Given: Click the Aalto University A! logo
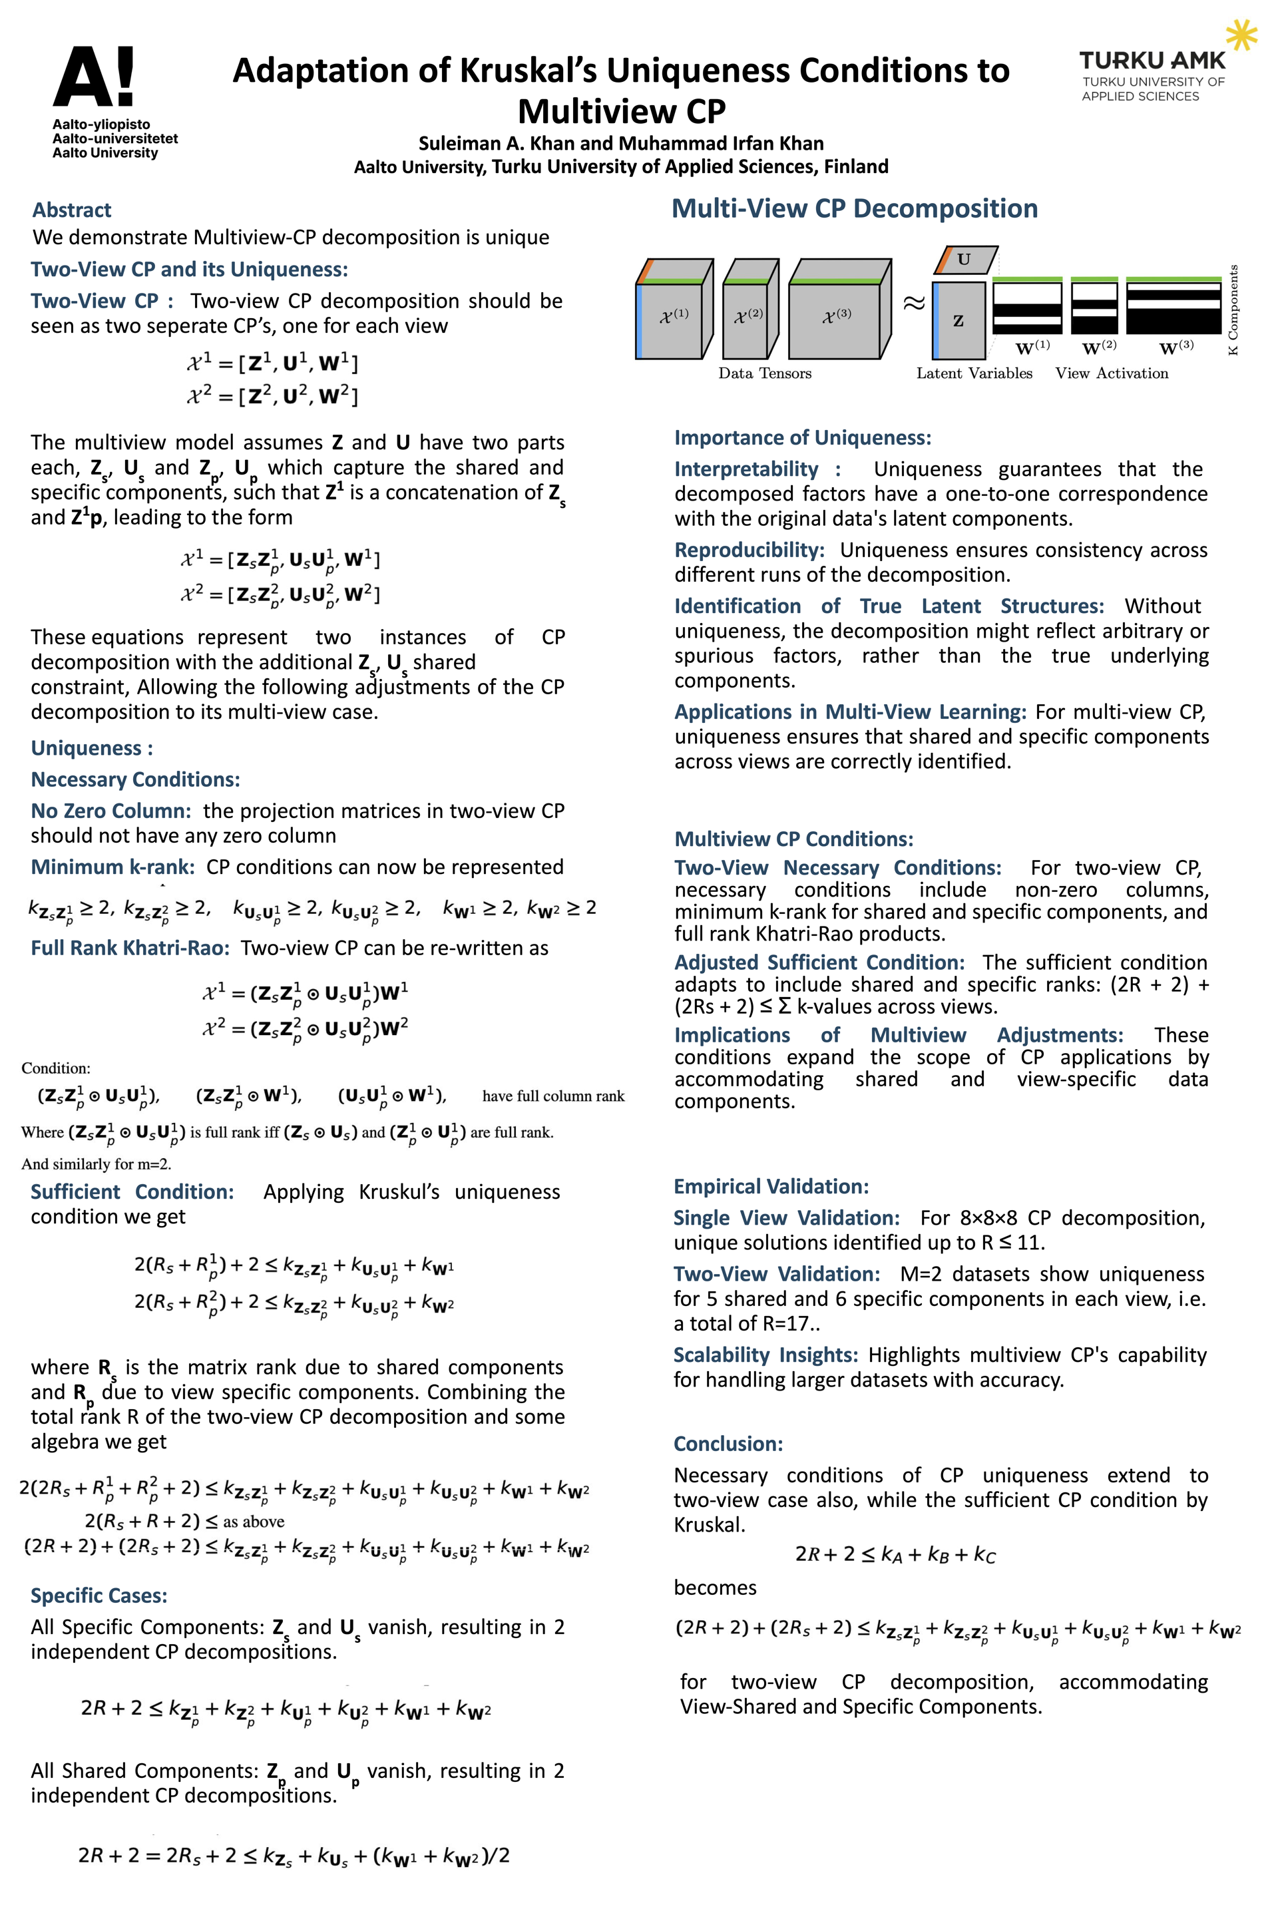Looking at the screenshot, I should tap(95, 77).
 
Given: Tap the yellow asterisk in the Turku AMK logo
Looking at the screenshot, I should tap(1241, 36).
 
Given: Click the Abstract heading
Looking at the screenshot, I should tap(72, 210).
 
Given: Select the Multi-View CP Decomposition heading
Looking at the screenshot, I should tap(854, 208).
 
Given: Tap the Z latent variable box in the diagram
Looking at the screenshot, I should tap(958, 320).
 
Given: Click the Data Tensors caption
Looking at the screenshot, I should tap(765, 373).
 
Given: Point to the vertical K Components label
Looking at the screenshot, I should tap(1233, 310).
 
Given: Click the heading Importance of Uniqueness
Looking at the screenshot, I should tap(802, 438).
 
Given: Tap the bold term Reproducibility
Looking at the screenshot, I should tap(749, 550).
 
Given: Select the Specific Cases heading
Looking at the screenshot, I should tap(99, 1595).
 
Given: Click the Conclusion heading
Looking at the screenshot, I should tap(728, 1444).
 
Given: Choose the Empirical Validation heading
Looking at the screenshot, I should tap(771, 1186).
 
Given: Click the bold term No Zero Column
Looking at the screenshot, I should tap(111, 811).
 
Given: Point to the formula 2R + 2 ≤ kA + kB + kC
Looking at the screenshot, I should tap(895, 1554).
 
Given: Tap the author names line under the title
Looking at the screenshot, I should tap(621, 144).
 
